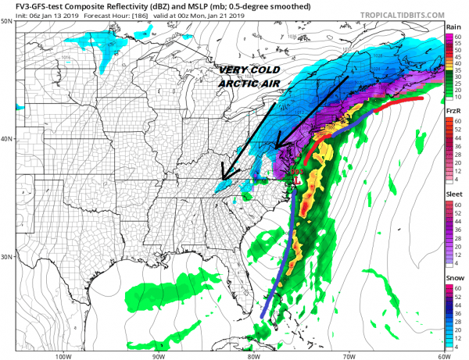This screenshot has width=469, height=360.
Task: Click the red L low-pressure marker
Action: click(x=294, y=183)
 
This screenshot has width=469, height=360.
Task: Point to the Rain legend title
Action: click(x=452, y=26)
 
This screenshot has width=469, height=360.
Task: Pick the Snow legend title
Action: click(x=453, y=278)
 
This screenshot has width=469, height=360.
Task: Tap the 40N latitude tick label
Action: click(x=7, y=139)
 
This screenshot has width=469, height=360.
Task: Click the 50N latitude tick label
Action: click(x=7, y=21)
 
